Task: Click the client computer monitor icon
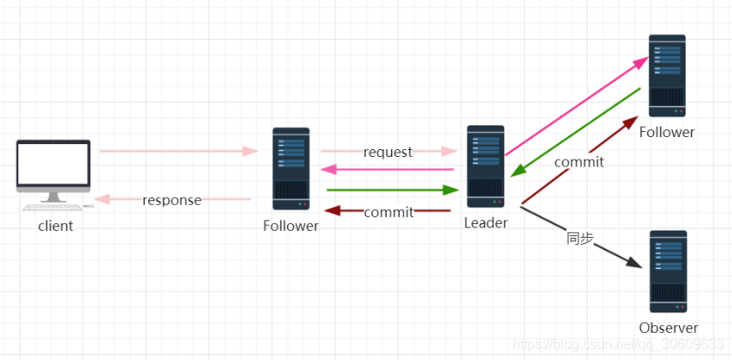click(x=53, y=167)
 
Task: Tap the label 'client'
click(x=56, y=226)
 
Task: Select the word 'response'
click(x=172, y=200)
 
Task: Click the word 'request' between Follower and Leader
click(x=388, y=153)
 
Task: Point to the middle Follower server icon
click(x=291, y=169)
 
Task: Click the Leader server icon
click(x=485, y=167)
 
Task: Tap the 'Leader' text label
click(x=486, y=223)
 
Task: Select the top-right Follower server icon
click(x=667, y=75)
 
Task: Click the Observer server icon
click(x=667, y=272)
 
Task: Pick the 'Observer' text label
click(x=668, y=328)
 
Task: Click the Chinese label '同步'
click(x=580, y=238)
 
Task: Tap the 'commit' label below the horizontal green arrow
click(x=388, y=213)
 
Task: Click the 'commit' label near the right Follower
click(x=578, y=161)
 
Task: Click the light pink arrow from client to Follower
click(x=178, y=151)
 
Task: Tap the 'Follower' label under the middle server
click(x=291, y=226)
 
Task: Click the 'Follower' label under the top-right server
click(x=667, y=133)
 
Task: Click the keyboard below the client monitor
click(x=52, y=206)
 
